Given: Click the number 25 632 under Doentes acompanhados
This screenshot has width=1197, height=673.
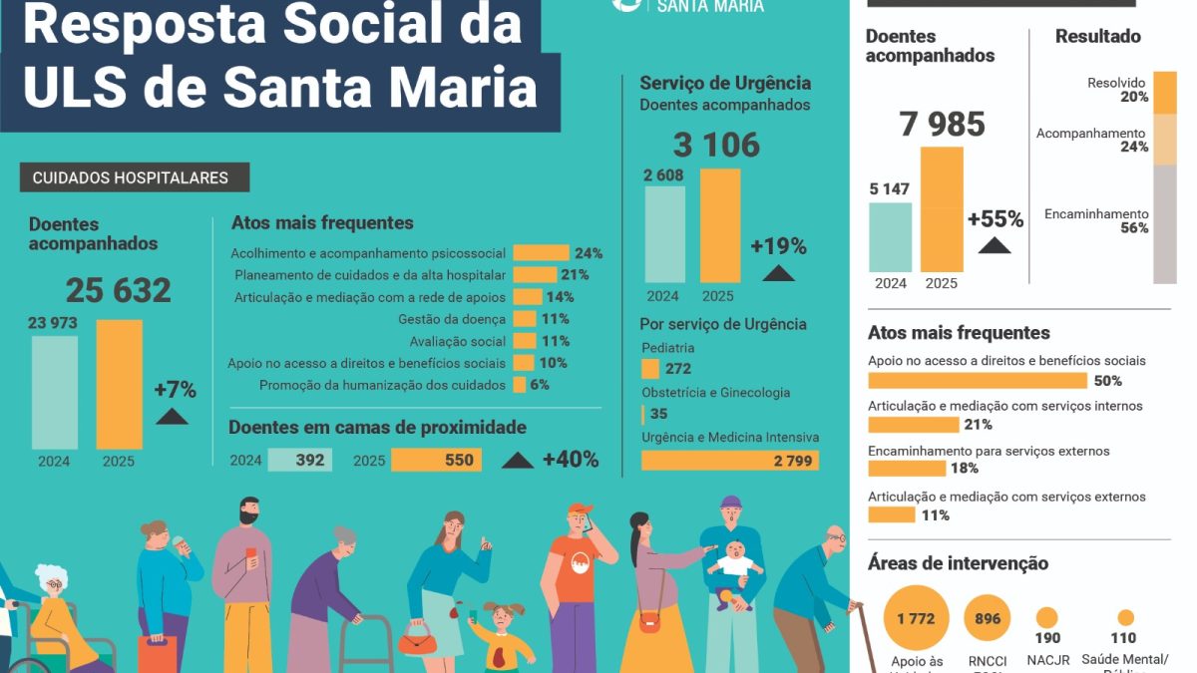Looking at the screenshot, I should pyautogui.click(x=119, y=290).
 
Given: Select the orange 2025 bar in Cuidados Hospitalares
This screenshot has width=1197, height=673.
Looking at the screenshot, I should pyautogui.click(x=119, y=384).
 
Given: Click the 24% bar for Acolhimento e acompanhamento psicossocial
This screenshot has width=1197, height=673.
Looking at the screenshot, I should pyautogui.click(x=541, y=253).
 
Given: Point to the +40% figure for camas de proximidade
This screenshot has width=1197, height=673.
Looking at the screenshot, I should pyautogui.click(x=571, y=460).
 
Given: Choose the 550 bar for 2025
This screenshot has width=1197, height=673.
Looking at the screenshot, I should pyautogui.click(x=436, y=460).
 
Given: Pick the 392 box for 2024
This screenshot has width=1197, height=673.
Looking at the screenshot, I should pyautogui.click(x=299, y=460).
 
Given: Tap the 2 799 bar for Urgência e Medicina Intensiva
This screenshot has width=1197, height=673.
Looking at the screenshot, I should pyautogui.click(x=729, y=461).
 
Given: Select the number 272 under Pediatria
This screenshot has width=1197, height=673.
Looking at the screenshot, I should pyautogui.click(x=677, y=369).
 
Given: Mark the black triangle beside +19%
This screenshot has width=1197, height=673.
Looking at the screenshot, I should pyautogui.click(x=779, y=273).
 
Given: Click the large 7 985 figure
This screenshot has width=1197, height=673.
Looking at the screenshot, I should pyautogui.click(x=942, y=125).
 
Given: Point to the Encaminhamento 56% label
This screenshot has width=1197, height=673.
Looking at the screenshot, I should pyautogui.click(x=1096, y=220).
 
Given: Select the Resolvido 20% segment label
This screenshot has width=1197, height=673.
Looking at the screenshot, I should pyautogui.click(x=1117, y=90).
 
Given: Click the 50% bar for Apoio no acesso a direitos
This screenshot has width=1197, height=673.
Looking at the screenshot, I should pyautogui.click(x=978, y=381).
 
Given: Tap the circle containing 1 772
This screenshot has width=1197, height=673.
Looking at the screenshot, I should pyautogui.click(x=916, y=619).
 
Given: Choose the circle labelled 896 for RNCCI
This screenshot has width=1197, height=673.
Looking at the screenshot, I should pyautogui.click(x=988, y=619).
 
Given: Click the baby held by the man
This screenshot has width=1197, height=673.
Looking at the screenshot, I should pyautogui.click(x=735, y=568).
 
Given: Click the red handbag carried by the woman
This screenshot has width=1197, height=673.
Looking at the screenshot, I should pyautogui.click(x=418, y=639).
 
